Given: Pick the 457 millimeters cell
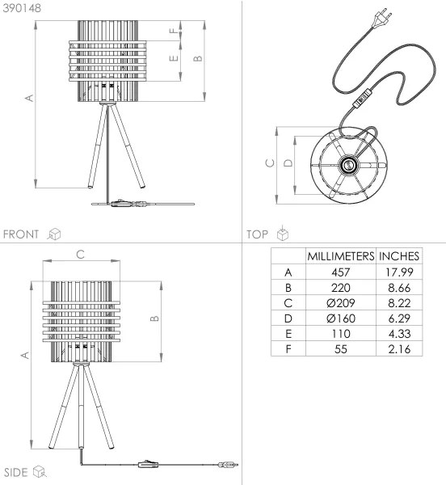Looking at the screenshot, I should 339,272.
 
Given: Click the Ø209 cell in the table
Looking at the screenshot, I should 339,303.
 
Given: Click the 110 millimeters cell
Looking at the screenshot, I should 339,334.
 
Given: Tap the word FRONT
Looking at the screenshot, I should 21,234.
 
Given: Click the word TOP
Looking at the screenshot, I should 258,234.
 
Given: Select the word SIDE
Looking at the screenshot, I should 16,472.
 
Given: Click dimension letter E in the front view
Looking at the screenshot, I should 171,58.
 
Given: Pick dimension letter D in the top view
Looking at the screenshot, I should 288,164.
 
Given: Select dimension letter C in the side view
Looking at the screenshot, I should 79,254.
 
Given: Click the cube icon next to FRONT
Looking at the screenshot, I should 55,234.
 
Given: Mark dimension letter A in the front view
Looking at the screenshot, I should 29,99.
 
